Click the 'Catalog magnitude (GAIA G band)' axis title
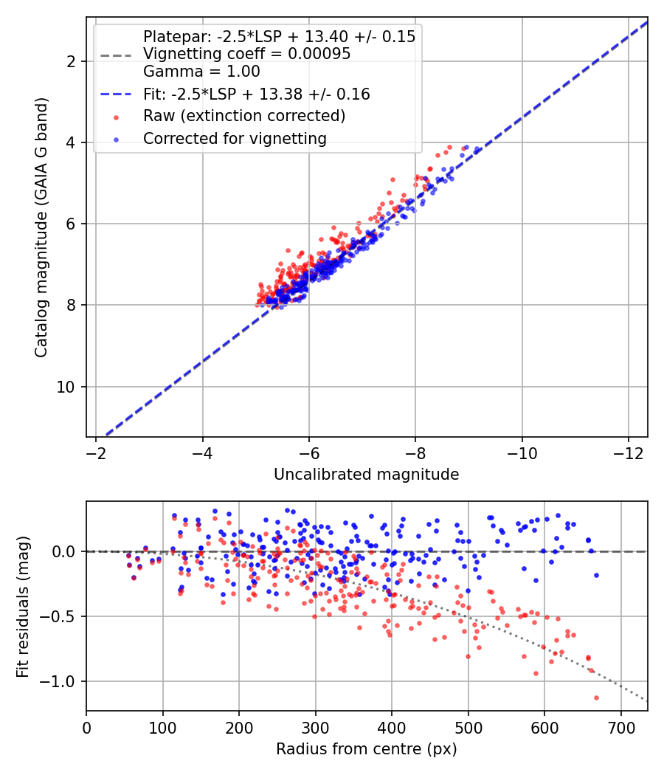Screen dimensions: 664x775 tap(41, 227)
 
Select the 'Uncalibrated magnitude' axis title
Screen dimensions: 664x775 tap(367, 475)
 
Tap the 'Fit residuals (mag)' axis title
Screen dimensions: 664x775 tap(23, 606)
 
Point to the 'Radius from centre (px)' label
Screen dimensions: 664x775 tap(367, 749)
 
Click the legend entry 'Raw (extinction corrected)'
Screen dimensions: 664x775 tap(244, 116)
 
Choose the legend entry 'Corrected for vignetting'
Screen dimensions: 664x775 tap(235, 139)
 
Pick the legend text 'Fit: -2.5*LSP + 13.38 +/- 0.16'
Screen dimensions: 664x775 tap(257, 94)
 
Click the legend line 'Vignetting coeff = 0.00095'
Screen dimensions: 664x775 tap(247, 54)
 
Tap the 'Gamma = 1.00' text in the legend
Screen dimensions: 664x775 tap(201, 72)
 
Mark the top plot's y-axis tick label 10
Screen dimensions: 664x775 tap(65, 387)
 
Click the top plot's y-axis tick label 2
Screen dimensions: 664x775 tap(70, 62)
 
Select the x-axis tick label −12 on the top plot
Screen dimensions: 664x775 tap(628, 453)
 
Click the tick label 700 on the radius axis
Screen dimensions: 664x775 tap(620, 728)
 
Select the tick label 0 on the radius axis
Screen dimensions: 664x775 tap(86, 728)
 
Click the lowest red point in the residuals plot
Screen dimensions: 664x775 tap(596, 698)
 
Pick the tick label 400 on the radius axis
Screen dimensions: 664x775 tap(392, 728)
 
